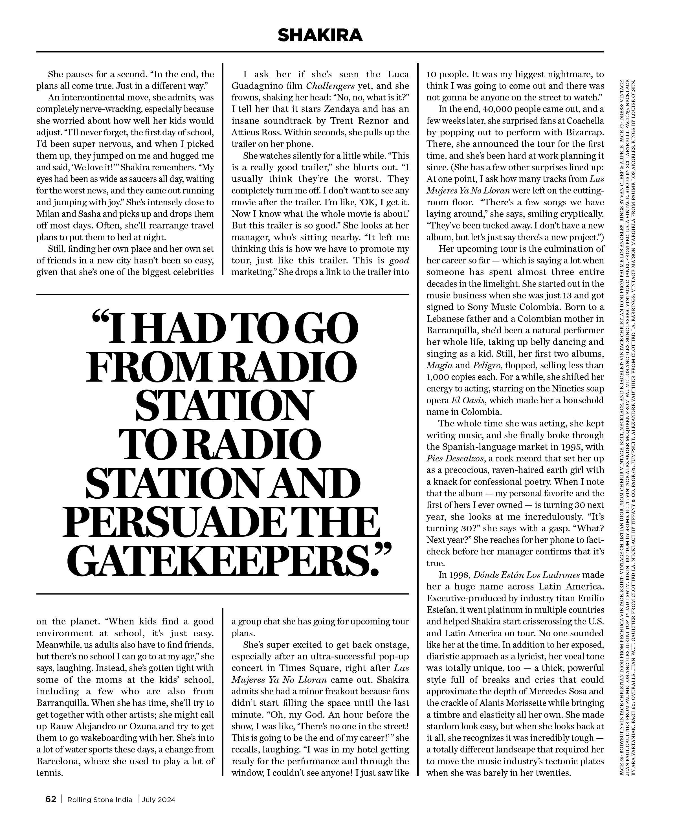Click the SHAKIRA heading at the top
(320, 36)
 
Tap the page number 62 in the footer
(51, 799)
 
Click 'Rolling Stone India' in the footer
(100, 800)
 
